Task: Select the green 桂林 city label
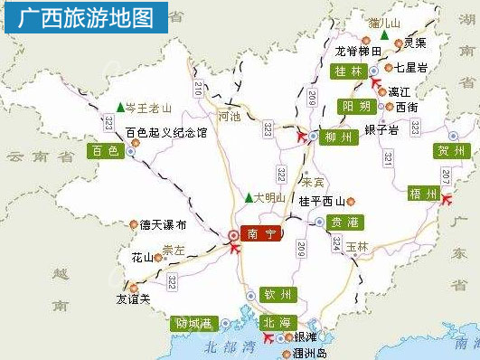pyautogui.click(x=347, y=71)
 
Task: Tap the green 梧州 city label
pyautogui.click(x=422, y=194)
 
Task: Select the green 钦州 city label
pyautogui.click(x=278, y=294)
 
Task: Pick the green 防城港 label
pyautogui.click(x=193, y=323)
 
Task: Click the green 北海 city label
pyautogui.click(x=278, y=322)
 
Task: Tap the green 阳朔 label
pyautogui.click(x=357, y=107)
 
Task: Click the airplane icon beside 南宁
pyautogui.click(x=237, y=248)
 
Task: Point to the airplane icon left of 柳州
pyautogui.click(x=303, y=137)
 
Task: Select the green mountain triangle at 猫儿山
pyautogui.click(x=385, y=34)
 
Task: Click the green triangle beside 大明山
pyautogui.click(x=249, y=197)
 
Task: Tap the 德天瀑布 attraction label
pyautogui.click(x=163, y=224)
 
